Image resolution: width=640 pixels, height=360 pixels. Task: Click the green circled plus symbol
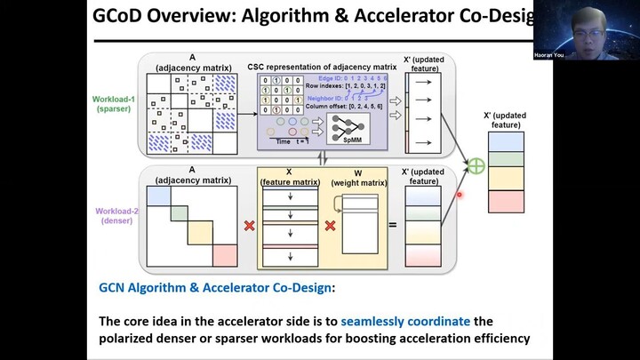click(476, 164)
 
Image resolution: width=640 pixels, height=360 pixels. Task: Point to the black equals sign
click(391, 225)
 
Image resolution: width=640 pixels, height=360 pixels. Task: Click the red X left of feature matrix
click(249, 225)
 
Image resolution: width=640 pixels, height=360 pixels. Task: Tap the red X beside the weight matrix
click(331, 225)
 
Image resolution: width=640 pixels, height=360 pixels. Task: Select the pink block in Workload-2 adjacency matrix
click(226, 254)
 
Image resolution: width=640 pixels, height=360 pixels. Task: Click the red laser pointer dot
click(460, 195)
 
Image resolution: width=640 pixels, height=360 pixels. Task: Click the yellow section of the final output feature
click(507, 179)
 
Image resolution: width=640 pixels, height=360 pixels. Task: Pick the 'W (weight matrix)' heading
click(358, 177)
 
